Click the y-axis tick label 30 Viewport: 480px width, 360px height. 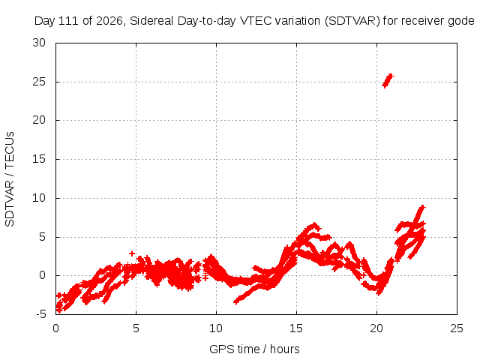[39, 43]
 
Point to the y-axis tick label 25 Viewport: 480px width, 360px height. [39, 82]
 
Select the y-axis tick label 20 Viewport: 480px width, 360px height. [39, 120]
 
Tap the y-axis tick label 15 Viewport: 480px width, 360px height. [39, 159]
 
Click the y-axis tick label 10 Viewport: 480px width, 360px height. [39, 198]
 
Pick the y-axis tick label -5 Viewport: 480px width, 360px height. [41, 314]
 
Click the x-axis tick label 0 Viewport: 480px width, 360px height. [55, 328]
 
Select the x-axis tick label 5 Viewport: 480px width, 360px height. [136, 328]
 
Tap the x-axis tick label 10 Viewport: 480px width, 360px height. [216, 328]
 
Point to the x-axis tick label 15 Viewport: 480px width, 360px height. [296, 328]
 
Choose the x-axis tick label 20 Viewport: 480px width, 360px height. [376, 328]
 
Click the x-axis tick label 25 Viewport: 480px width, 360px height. [457, 328]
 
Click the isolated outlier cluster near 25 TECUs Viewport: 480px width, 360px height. [388, 80]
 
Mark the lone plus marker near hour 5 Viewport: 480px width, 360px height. [132, 253]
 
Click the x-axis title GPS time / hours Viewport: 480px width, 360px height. [254, 349]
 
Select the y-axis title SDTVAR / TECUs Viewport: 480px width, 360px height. [10, 179]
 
